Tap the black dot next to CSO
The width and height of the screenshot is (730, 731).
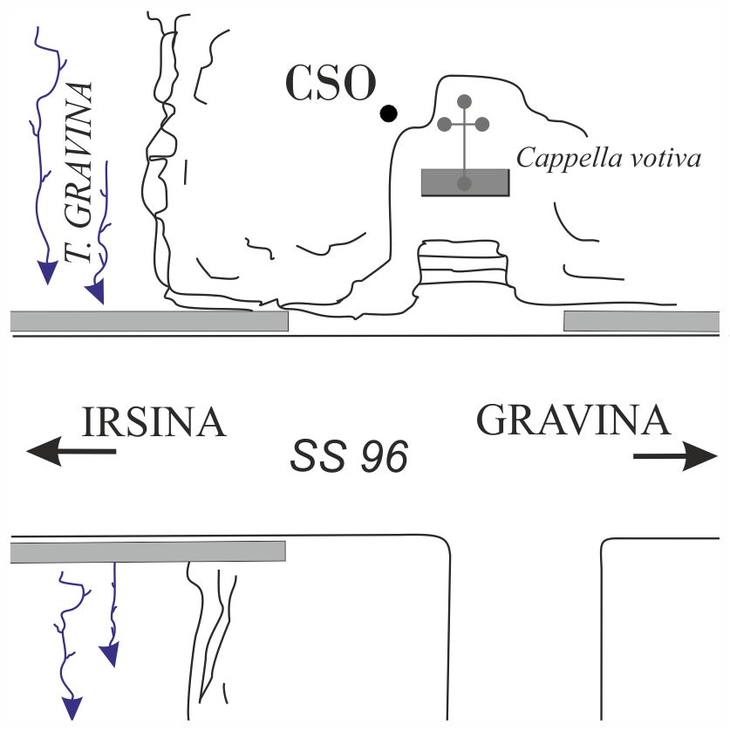click(x=389, y=113)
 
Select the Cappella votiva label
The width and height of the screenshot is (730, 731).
click(x=609, y=158)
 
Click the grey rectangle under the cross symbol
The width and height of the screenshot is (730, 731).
click(x=465, y=182)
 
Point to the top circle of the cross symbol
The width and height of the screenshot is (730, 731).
click(x=465, y=101)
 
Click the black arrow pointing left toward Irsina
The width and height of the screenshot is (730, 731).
click(x=70, y=451)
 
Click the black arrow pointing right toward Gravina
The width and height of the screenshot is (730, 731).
click(x=676, y=455)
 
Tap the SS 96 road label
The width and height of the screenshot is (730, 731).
click(x=349, y=457)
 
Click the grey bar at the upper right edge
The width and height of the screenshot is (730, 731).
click(x=641, y=321)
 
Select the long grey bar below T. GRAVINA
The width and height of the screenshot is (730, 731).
click(x=149, y=320)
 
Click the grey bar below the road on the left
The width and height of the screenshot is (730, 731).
click(x=148, y=551)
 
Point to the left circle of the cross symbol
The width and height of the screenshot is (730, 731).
click(x=444, y=124)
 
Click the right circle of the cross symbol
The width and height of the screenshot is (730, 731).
click(x=485, y=124)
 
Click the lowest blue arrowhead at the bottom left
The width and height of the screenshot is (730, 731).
click(x=71, y=708)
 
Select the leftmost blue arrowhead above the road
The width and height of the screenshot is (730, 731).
click(x=47, y=274)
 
